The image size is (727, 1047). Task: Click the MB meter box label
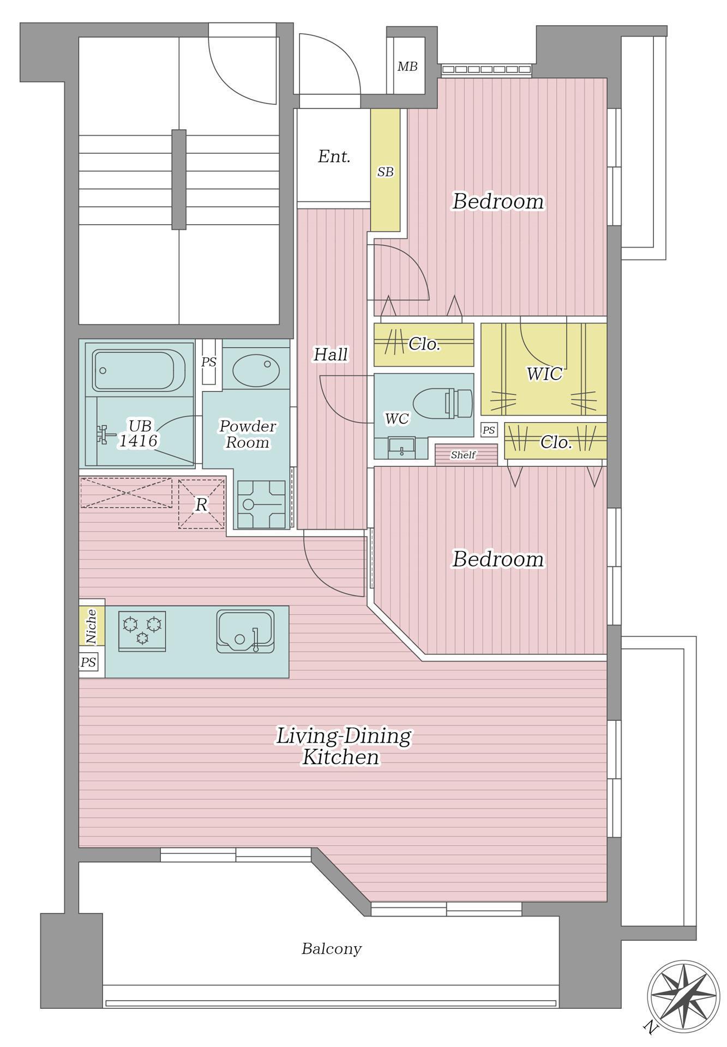click(x=407, y=67)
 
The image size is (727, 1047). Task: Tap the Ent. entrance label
click(x=334, y=157)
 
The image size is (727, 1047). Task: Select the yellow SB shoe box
click(x=386, y=170)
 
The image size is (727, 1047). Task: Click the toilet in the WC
click(x=442, y=404)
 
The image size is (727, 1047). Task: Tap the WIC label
click(x=544, y=374)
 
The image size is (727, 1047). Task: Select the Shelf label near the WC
click(x=463, y=455)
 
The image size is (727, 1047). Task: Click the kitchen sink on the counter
click(x=245, y=631)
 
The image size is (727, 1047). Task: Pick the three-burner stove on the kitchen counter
click(x=142, y=631)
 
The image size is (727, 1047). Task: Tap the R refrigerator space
click(x=201, y=504)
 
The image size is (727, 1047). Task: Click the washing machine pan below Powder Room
click(x=261, y=504)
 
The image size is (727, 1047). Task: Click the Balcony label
click(x=332, y=949)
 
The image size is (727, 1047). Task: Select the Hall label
click(x=331, y=354)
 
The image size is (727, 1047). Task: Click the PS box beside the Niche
click(x=88, y=663)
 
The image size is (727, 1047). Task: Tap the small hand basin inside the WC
click(x=402, y=448)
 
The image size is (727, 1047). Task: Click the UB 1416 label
click(x=139, y=433)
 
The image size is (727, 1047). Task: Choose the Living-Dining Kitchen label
click(x=343, y=746)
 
